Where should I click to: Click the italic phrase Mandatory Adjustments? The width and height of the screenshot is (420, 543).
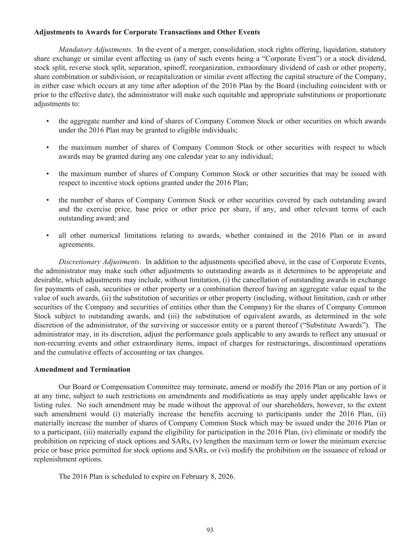pos(95,50)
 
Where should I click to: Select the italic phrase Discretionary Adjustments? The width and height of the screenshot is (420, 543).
pos(99,262)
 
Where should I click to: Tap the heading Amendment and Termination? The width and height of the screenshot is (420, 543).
pos(82,369)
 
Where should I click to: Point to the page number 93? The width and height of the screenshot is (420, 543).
pos(210,529)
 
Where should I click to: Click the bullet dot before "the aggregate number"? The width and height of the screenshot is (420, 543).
pos(48,121)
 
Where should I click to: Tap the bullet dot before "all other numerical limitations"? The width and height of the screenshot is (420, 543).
pos(48,235)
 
